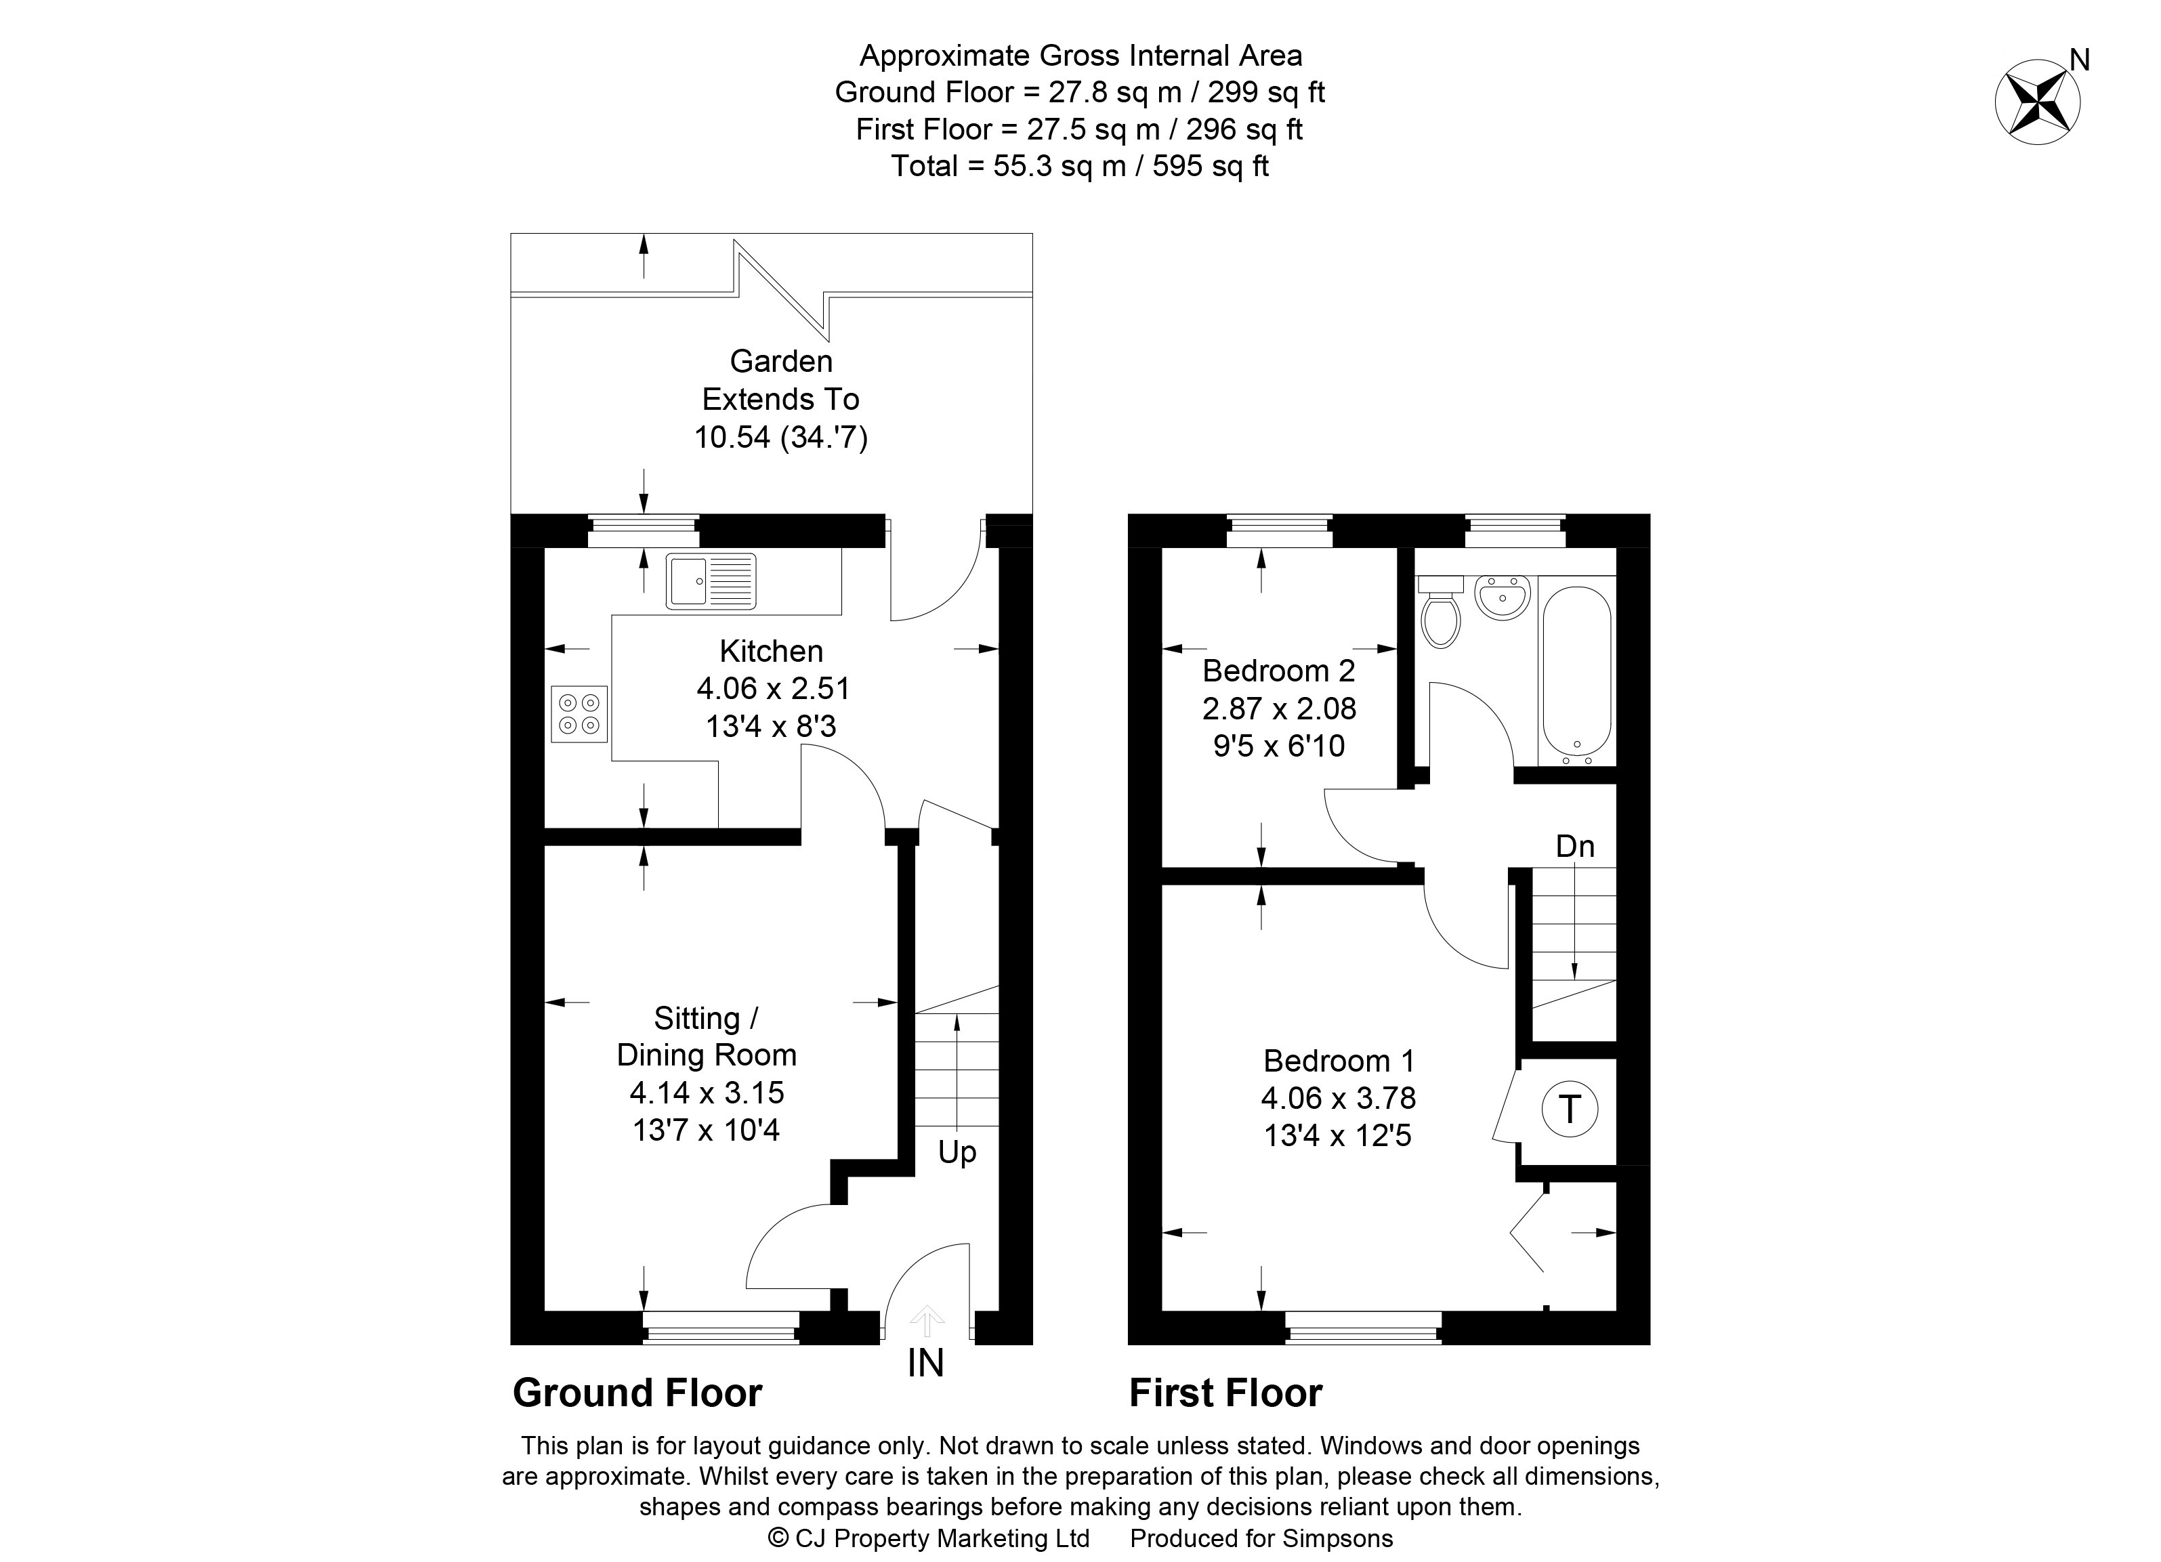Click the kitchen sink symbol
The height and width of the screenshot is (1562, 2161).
711,581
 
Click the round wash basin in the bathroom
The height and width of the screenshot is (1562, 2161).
1503,596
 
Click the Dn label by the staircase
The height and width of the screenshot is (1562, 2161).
1575,846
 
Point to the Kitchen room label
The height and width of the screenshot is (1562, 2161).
772,652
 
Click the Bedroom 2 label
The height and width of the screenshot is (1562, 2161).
1279,671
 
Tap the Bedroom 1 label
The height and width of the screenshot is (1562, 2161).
1339,1060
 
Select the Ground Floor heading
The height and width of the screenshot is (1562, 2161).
637,1393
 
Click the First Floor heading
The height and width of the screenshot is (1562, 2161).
1225,1393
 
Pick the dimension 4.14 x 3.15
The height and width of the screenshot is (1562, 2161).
706,1093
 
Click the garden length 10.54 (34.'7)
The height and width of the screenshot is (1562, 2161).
781,437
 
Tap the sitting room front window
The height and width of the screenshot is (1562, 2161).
721,1327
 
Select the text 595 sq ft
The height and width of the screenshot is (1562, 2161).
1210,167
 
